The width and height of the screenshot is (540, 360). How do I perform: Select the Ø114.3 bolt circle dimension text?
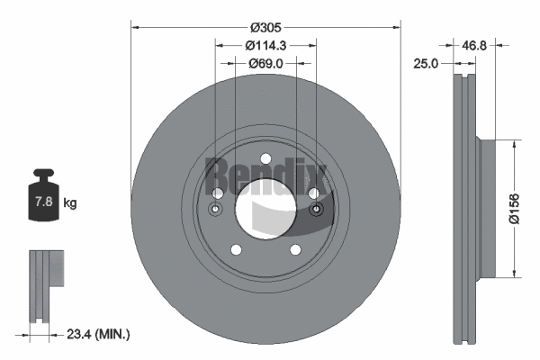[265, 46]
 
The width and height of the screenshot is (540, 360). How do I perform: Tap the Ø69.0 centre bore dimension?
[265, 63]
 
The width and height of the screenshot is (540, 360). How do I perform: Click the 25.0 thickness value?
[427, 63]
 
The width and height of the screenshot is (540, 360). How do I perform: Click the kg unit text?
[70, 203]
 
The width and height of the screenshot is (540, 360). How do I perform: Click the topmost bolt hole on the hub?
[265, 159]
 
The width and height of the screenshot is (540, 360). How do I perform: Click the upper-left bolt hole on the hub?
[217, 193]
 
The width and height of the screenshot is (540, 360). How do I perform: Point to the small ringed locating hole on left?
[215, 210]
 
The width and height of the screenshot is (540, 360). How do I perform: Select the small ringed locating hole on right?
[316, 210]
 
